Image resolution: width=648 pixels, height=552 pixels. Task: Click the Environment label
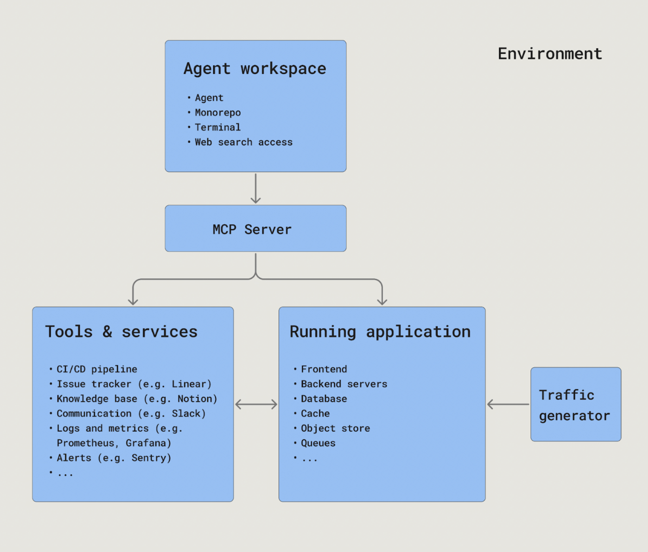(x=550, y=54)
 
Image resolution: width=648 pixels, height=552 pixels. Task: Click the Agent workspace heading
(x=255, y=69)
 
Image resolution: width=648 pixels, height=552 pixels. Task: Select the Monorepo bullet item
(x=218, y=113)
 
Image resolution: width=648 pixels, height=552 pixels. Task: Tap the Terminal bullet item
(x=218, y=127)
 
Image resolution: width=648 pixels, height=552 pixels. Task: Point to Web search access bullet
(x=243, y=142)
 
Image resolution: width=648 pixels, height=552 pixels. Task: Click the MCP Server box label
(x=252, y=230)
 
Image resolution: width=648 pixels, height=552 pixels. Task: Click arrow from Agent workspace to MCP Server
(x=256, y=188)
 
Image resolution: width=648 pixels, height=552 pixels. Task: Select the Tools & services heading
(x=121, y=332)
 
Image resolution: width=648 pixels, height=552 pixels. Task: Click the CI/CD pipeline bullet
(x=97, y=369)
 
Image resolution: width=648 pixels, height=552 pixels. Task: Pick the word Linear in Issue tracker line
(x=189, y=384)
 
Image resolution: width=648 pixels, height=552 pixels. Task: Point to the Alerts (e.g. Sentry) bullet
(x=114, y=458)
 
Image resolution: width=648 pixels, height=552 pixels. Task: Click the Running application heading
(x=380, y=332)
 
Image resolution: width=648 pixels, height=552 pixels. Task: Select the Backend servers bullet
(x=344, y=384)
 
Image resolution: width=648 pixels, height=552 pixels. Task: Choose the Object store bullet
(x=335, y=428)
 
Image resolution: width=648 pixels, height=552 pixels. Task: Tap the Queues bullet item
(x=318, y=443)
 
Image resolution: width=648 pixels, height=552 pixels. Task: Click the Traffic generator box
(x=575, y=404)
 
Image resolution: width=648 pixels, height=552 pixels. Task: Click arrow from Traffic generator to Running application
(x=508, y=404)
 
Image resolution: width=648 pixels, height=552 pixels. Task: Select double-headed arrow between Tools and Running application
(x=256, y=404)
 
